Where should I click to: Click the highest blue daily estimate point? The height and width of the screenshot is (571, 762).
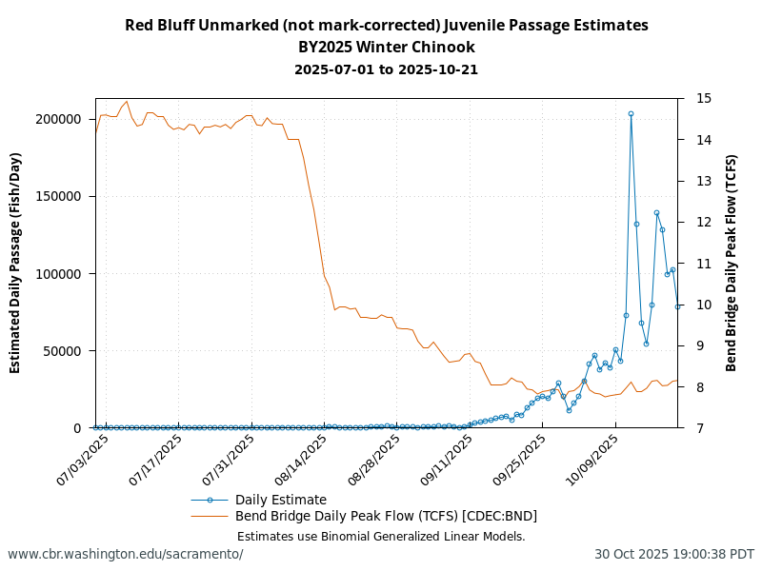pyautogui.click(x=631, y=113)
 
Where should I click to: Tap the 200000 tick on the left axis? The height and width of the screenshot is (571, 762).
pyautogui.click(x=59, y=119)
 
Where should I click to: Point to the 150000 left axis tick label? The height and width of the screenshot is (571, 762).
pyautogui.click(x=59, y=196)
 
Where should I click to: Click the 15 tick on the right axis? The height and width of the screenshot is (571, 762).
pyautogui.click(x=705, y=98)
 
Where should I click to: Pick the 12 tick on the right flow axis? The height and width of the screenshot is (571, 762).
pyautogui.click(x=705, y=222)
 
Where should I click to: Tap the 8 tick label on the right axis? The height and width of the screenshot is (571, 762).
pyautogui.click(x=701, y=386)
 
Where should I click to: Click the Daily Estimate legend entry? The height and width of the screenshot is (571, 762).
pyautogui.click(x=280, y=500)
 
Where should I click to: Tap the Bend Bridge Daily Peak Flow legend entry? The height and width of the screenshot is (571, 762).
pyautogui.click(x=386, y=516)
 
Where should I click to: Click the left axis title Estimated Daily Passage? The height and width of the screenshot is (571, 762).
pyautogui.click(x=16, y=263)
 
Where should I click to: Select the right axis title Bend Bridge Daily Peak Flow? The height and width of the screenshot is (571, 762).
pyautogui.click(x=732, y=263)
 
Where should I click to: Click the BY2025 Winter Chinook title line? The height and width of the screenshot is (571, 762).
pyautogui.click(x=386, y=47)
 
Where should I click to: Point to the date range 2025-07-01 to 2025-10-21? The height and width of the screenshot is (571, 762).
pyautogui.click(x=386, y=69)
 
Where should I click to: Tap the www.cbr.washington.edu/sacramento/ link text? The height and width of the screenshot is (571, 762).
pyautogui.click(x=126, y=554)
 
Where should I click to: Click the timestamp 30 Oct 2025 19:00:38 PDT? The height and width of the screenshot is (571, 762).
pyautogui.click(x=674, y=554)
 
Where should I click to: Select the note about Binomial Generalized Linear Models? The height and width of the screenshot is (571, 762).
pyautogui.click(x=381, y=536)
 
